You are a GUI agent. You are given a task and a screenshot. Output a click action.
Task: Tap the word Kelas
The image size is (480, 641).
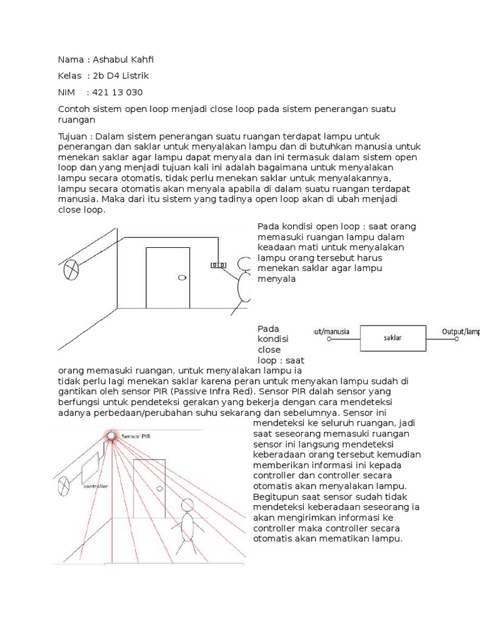[70, 76]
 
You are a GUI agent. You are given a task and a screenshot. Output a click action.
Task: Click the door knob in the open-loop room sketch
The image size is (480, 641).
[181, 277]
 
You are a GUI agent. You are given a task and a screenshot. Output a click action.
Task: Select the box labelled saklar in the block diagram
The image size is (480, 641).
[392, 337]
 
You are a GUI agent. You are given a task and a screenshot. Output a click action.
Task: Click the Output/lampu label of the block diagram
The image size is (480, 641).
[461, 331]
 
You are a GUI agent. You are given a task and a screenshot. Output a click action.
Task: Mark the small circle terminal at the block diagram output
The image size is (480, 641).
[457, 339]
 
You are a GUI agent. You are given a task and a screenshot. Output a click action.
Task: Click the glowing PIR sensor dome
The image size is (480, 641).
[112, 436]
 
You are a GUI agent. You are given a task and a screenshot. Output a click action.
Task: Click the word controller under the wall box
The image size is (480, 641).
[95, 486]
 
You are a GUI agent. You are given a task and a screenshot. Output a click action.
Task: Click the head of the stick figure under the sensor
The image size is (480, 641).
[186, 504]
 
